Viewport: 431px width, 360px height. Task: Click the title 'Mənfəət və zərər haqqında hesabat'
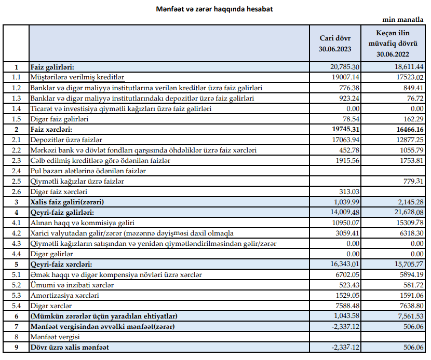(x=215, y=9)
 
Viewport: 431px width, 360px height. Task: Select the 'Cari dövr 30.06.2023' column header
(x=335, y=44)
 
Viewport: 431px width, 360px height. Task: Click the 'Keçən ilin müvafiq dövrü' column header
(x=397, y=44)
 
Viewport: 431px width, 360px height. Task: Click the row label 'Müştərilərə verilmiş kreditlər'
(x=78, y=77)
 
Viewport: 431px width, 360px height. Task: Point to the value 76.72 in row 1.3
(x=413, y=98)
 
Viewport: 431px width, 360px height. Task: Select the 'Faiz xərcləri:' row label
(x=51, y=129)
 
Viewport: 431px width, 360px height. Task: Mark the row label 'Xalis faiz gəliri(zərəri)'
(x=68, y=202)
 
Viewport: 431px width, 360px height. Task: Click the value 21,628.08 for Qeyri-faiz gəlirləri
(x=406, y=212)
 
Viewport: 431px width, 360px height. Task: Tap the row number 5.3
(x=16, y=295)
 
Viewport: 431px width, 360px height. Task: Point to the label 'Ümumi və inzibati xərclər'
(x=72, y=285)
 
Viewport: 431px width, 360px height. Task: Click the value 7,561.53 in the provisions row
(x=408, y=316)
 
